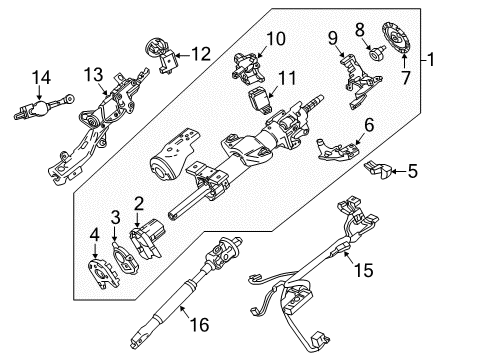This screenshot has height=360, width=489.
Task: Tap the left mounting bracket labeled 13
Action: click(x=100, y=130)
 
